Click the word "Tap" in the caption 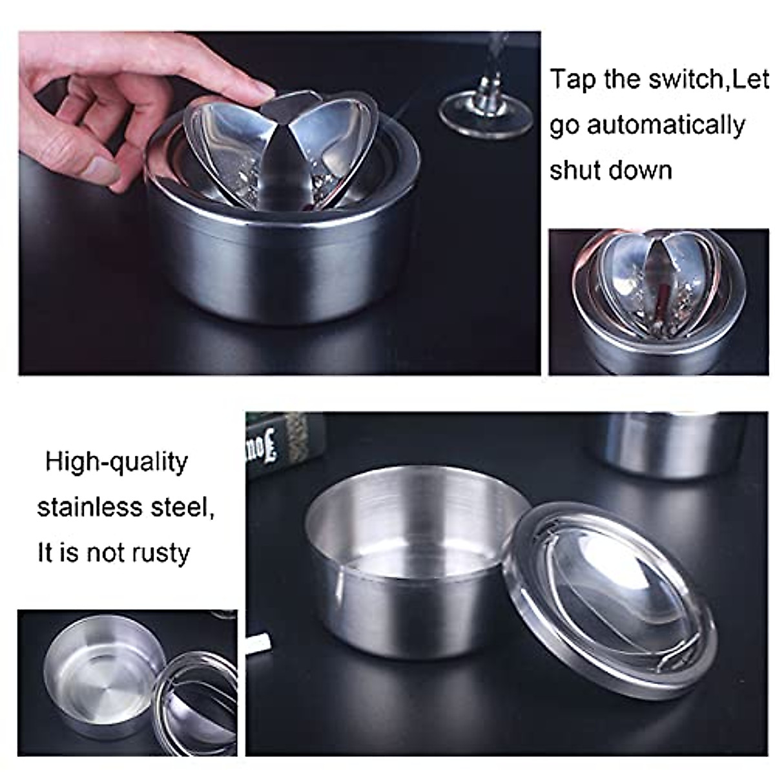coord(573,80)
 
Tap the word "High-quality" coord(116,463)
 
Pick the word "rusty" coord(161,553)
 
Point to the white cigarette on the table coord(258,642)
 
